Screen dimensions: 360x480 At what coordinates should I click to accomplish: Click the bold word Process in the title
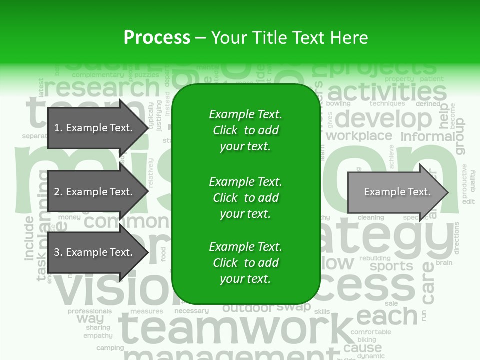point(157,38)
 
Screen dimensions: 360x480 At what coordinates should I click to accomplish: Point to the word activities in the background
point(386,93)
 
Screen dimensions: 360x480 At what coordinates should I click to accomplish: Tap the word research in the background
point(102,88)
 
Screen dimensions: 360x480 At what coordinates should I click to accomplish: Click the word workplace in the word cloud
point(359,136)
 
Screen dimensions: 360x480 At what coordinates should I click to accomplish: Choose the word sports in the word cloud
point(391,266)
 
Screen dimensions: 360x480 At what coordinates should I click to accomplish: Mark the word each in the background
point(387,316)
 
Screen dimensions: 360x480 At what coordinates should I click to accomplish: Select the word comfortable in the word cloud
point(371,332)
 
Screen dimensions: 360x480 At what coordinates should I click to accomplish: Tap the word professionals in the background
point(90,311)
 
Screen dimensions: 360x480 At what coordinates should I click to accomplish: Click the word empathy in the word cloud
point(97,336)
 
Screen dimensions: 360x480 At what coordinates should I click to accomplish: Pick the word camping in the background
point(110,348)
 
